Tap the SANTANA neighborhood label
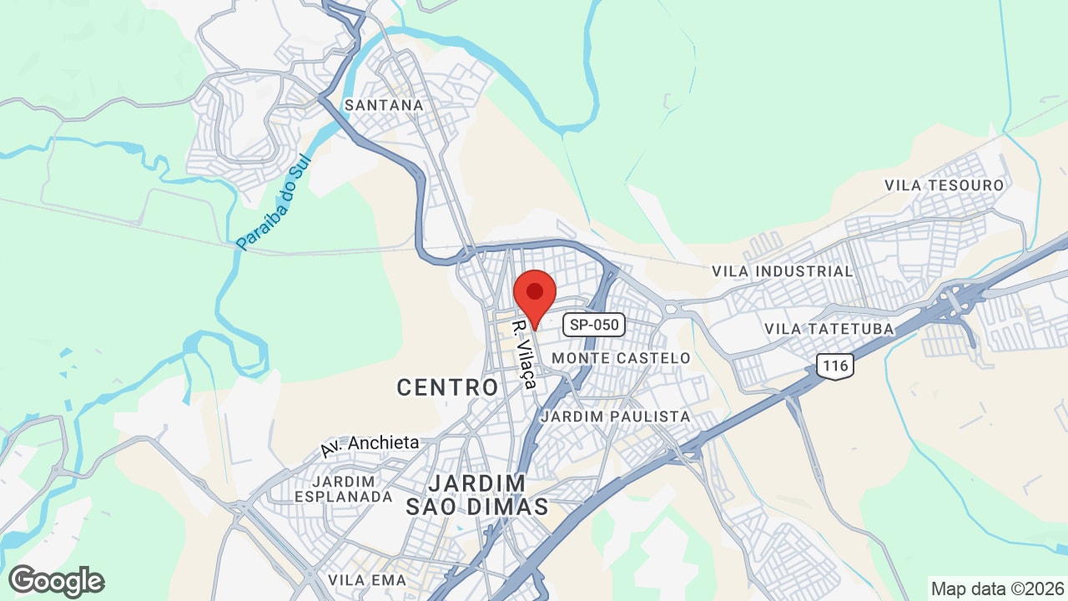[x=384, y=105]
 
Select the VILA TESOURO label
[x=945, y=184]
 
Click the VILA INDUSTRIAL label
[x=783, y=271]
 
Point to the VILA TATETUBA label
[x=829, y=329]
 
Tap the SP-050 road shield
[x=594, y=325]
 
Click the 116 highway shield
[x=834, y=365]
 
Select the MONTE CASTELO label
[x=622, y=358]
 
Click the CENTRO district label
[x=447, y=387]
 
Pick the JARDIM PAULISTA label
[x=616, y=416]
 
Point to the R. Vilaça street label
[x=524, y=352]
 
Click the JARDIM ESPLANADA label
[x=343, y=489]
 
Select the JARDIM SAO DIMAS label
[x=477, y=495]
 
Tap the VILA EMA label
[x=367, y=579]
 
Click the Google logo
[x=57, y=581]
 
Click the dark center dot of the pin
[x=535, y=290]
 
